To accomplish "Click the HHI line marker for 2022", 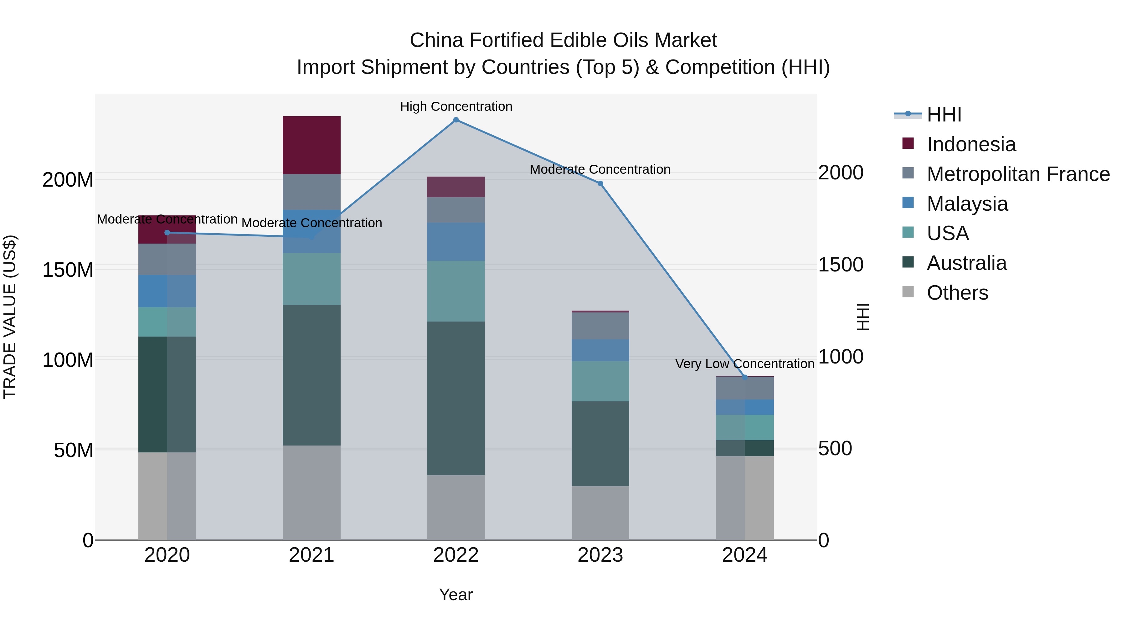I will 456,120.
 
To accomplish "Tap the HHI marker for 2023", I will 600,183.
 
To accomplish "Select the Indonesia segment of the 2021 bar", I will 311,145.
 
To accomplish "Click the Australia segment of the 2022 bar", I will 456,398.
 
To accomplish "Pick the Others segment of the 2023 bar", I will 600,513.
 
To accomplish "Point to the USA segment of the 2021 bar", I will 311,279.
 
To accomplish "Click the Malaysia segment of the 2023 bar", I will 600,350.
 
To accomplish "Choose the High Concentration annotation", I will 456,106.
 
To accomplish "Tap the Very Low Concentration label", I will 745,363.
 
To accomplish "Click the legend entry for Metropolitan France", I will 1018,174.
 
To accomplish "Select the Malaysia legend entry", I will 967,204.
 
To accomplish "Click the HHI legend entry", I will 944,115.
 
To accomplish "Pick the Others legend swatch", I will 908,292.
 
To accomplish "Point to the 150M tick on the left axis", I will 68,270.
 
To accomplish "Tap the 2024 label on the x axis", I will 745,555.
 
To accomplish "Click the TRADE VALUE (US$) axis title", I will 10,317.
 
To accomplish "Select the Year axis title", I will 456,595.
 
